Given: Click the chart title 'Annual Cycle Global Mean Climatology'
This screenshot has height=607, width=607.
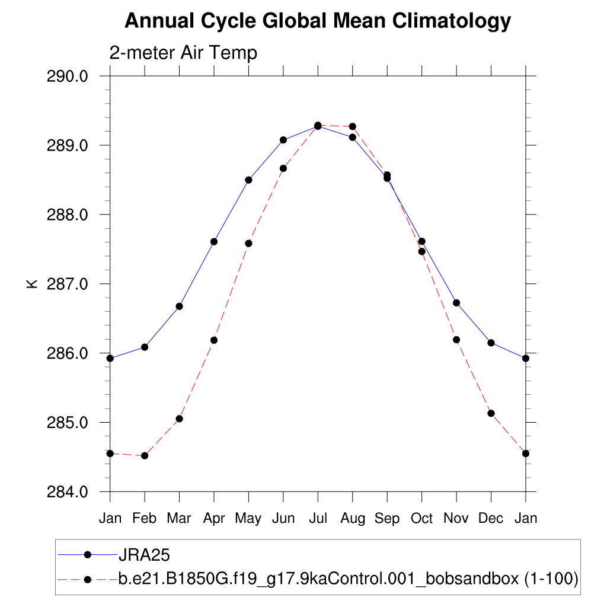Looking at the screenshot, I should point(318,21).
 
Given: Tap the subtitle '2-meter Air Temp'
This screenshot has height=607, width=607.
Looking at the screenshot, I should point(183,53).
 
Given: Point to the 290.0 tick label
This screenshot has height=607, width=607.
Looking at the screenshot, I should point(67,76).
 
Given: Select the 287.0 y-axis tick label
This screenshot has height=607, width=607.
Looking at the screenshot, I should point(67,284).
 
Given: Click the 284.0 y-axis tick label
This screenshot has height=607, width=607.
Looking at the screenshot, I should point(67,492).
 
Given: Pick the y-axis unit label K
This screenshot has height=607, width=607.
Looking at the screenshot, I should point(33,284).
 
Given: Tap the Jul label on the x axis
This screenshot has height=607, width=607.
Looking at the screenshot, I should point(318,518).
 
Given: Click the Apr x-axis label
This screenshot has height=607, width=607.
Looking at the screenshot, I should point(214,518).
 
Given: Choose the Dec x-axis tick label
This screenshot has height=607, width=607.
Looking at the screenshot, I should point(491,518).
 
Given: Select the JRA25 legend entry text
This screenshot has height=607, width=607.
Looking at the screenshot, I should point(145,555).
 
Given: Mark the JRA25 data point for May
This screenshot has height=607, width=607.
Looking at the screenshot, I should point(249,180).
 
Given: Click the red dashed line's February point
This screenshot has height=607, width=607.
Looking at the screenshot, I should point(145,456).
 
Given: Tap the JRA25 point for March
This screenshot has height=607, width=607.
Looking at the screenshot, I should point(179,306).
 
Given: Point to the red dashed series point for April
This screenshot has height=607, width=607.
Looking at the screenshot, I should point(214,340).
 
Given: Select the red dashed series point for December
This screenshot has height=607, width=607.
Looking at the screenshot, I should point(491,413).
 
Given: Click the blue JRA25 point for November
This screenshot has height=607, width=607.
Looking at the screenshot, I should point(456,303).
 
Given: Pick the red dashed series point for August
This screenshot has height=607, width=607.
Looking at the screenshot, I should point(353,126).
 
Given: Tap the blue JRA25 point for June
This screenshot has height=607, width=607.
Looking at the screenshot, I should point(283,140).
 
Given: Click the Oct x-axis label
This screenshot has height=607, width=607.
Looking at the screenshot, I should point(421,518).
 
